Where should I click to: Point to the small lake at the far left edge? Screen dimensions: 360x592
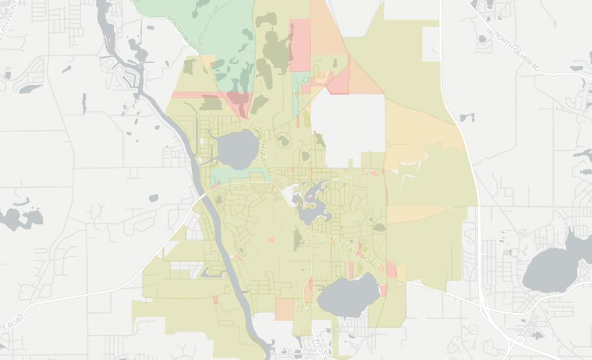[x=20, y=219]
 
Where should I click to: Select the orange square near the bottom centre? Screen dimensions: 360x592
[x=285, y=309]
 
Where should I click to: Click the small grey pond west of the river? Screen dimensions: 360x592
[x=153, y=198]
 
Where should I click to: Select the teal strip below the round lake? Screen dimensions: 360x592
[x=240, y=175]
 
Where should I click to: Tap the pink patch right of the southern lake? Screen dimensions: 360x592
[x=392, y=268]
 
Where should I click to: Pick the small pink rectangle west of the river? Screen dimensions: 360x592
[x=215, y=300]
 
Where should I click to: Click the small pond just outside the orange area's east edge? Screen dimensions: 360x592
[x=466, y=118]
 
